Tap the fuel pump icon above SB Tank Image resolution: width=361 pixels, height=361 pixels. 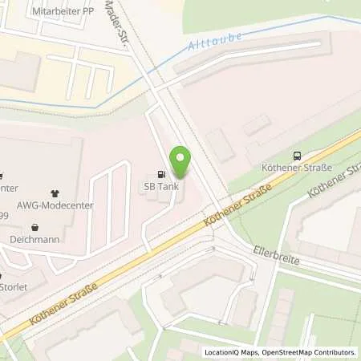161,174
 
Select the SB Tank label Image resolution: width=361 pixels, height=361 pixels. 161,186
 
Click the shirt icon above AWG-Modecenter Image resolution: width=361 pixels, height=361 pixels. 55,193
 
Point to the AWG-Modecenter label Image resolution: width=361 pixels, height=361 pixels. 55,204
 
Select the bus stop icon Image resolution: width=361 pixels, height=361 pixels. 298,156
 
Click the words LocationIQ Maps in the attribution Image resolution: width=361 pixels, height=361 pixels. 232,351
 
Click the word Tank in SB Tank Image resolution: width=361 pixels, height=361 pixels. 168,186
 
